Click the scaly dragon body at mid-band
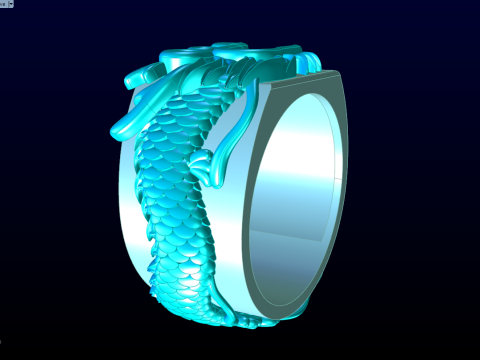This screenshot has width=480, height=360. pos(175,200)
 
